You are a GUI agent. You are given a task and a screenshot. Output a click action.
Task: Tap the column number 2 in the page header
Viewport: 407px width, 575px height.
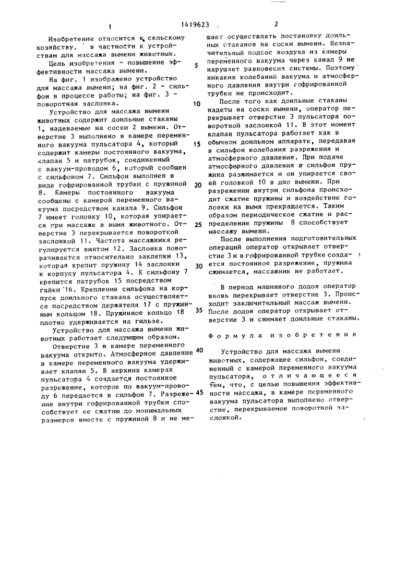point(276,24)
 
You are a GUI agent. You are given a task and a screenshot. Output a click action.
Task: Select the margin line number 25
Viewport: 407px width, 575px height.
point(197,225)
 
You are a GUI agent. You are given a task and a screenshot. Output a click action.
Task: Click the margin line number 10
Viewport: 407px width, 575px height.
point(197,104)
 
